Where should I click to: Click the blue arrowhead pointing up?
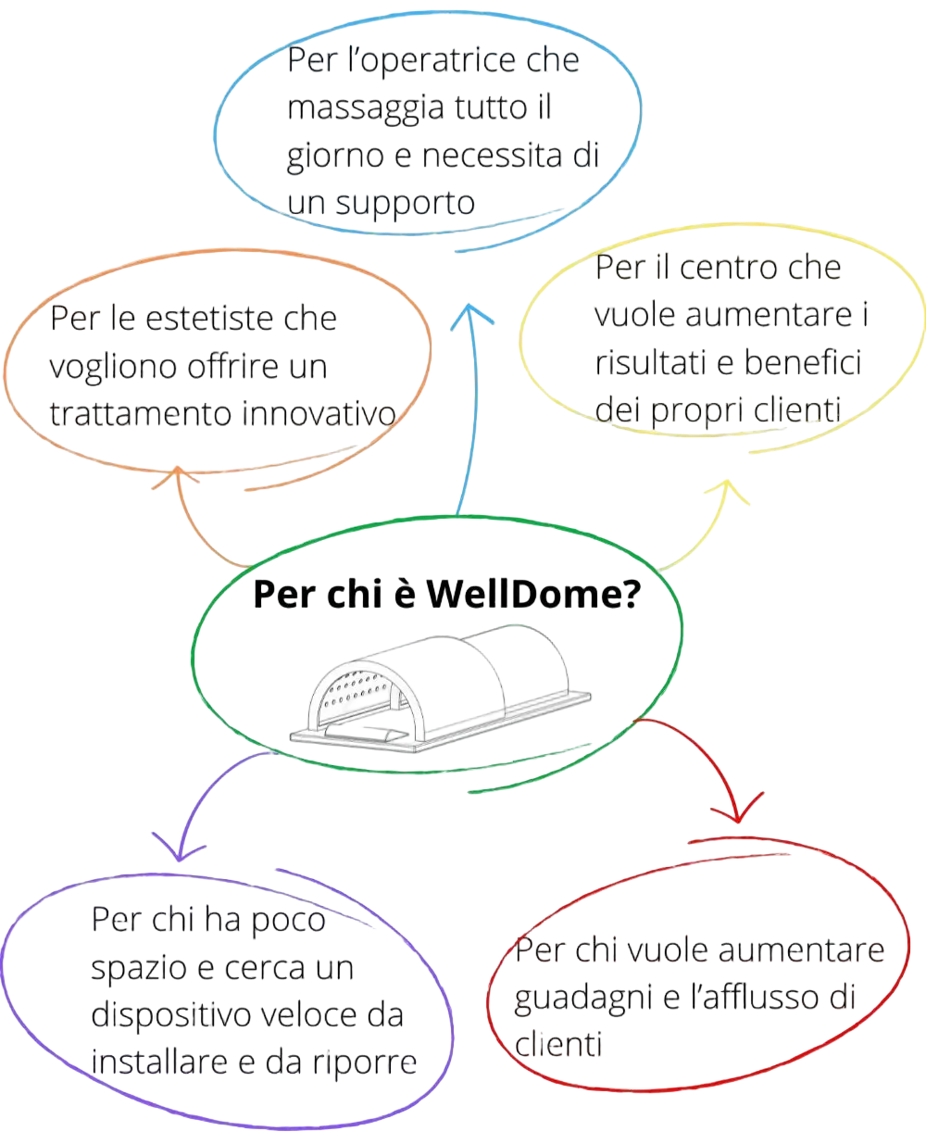click(471, 315)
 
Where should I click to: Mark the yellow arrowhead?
click(727, 490)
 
